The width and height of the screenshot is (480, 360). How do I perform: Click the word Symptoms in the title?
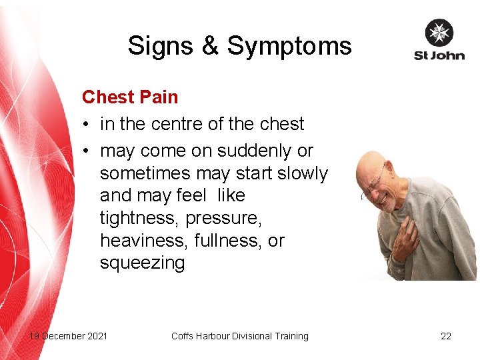click(289, 47)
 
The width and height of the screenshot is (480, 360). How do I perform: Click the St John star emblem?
click(439, 33)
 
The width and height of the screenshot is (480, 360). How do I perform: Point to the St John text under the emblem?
click(439, 55)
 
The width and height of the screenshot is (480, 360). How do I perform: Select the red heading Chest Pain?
click(130, 97)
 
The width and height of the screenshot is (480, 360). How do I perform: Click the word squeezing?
click(142, 263)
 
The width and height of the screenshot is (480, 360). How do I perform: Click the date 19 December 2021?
click(68, 336)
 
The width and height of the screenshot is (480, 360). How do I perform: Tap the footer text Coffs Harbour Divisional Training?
click(240, 336)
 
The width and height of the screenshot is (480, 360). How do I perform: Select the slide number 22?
click(446, 336)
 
